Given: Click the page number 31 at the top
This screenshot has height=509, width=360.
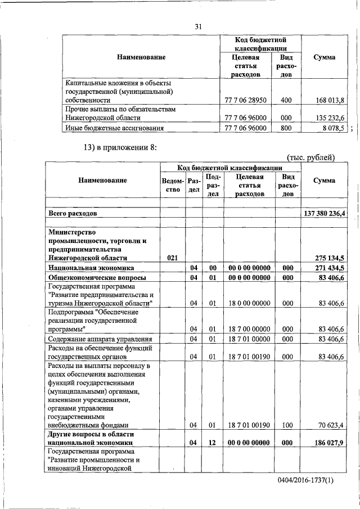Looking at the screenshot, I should click(198, 26).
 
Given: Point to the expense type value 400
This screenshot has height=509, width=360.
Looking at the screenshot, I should click(286, 100).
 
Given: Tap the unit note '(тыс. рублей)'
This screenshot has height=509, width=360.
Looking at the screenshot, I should click(310, 157).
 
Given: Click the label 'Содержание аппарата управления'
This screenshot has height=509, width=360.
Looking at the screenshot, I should click(100, 339).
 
